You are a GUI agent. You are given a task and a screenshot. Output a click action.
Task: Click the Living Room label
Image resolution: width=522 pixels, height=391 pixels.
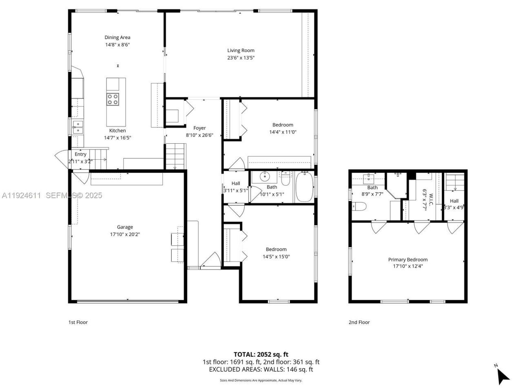241,51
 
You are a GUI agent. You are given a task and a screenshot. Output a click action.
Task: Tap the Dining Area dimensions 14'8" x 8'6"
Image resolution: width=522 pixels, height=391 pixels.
117,45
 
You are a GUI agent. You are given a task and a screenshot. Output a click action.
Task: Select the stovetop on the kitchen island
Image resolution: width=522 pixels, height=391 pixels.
113,99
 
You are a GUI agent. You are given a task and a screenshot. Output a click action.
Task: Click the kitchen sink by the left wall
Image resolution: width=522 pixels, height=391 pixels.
77,127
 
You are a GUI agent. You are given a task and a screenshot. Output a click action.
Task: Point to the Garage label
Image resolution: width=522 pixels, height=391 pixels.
125,227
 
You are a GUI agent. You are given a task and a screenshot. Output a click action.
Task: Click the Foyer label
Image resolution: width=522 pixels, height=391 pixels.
199,128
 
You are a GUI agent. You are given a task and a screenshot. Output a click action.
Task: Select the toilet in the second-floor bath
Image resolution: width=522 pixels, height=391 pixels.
359,207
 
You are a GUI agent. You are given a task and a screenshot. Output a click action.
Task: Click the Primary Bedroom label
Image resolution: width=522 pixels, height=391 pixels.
407,259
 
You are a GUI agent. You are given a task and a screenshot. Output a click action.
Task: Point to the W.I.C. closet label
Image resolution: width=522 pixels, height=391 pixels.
425,199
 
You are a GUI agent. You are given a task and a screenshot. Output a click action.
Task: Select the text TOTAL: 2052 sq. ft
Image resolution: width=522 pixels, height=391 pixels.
261,354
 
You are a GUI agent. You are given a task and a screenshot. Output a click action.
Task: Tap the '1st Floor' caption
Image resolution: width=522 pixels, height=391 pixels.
77,322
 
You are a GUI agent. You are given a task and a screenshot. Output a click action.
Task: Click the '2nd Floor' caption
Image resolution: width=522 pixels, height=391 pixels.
359,322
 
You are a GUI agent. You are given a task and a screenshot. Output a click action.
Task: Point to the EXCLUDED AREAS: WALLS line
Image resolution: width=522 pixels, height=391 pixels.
261,369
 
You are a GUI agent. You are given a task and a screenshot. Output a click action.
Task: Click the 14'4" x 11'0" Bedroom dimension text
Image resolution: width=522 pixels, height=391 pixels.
283,132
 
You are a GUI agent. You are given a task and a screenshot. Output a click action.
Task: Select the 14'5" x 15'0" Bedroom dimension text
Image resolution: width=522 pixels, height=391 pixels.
276,257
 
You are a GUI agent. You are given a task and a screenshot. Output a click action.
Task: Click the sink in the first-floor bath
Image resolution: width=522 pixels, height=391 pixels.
265,176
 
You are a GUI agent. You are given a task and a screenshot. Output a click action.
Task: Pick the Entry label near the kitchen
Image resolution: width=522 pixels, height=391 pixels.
80,154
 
